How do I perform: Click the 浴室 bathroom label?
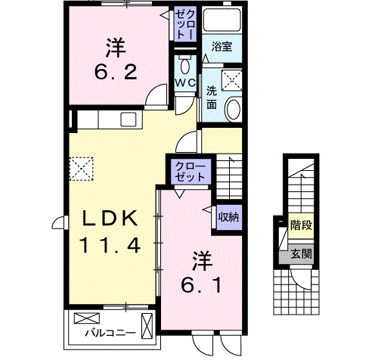(x=222, y=47)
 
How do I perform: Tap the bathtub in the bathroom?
(x=222, y=20)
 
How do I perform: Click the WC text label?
(x=185, y=82)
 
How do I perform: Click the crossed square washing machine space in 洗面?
(x=231, y=80)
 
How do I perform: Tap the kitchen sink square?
(x=129, y=119)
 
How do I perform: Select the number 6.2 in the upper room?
(x=116, y=72)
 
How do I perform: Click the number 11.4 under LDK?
(x=110, y=246)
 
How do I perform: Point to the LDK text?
(x=110, y=219)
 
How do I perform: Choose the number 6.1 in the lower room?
(x=202, y=285)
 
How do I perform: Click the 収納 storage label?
(x=228, y=217)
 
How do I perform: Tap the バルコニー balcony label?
(x=110, y=333)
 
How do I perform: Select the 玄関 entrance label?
(x=302, y=254)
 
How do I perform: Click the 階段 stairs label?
(x=302, y=225)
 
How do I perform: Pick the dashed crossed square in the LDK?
(x=81, y=169)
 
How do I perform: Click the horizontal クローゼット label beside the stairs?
(x=191, y=172)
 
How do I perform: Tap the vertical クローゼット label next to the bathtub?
(x=185, y=25)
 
